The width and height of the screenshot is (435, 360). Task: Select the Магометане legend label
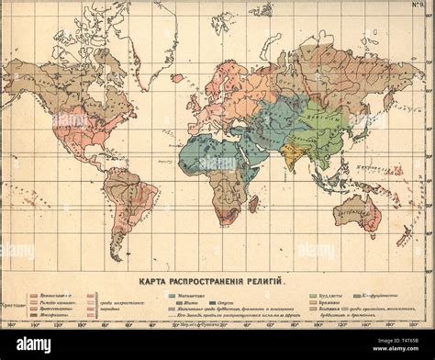(x=198, y=296)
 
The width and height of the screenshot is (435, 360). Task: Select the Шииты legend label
(x=192, y=304)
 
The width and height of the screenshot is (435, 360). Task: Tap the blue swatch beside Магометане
(x=173, y=296)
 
